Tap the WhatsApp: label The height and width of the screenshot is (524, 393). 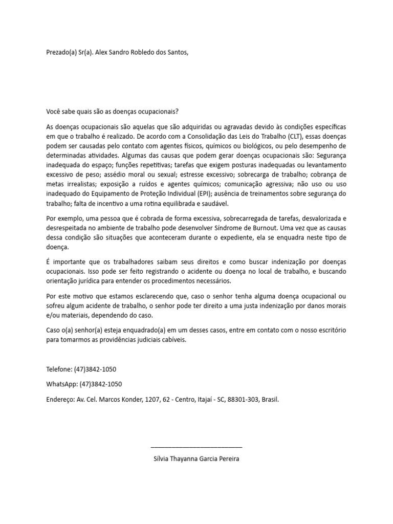(x=62, y=384)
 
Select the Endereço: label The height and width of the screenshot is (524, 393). (x=60, y=399)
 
